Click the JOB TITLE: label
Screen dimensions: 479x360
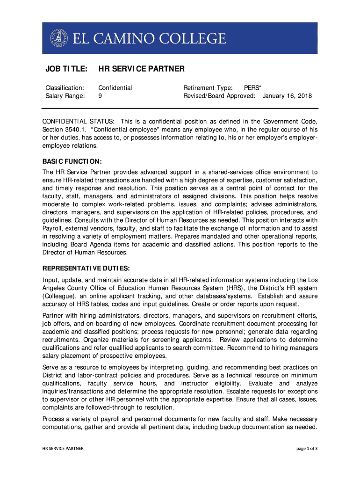coord(66,69)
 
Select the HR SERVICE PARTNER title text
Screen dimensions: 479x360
coord(141,69)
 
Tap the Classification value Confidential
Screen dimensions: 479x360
coord(115,87)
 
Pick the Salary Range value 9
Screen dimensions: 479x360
coord(100,96)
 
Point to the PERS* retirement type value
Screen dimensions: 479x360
coord(252,87)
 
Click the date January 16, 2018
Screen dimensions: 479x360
coord(287,96)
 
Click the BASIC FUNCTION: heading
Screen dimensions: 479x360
coord(72,161)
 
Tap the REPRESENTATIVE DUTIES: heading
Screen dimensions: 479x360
coord(86,269)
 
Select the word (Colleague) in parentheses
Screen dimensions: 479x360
coord(62,296)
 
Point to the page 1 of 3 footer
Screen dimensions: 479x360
coord(307,449)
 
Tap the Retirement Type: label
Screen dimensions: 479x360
coord(208,87)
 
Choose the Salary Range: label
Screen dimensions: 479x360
coord(65,96)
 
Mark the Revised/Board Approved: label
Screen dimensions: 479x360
coord(219,96)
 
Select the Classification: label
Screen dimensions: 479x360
coord(65,87)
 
